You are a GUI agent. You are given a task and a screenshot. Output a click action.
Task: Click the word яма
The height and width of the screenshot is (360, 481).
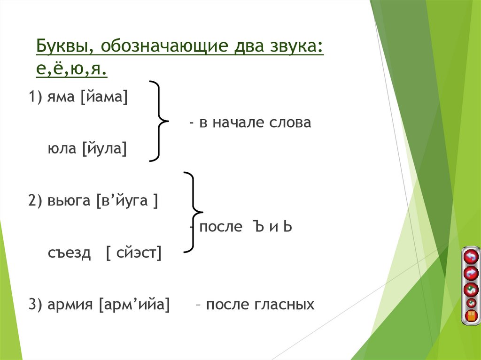62,98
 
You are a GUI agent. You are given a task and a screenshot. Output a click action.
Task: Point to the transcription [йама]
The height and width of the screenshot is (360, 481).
104,98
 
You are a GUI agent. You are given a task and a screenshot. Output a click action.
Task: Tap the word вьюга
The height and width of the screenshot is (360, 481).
69,201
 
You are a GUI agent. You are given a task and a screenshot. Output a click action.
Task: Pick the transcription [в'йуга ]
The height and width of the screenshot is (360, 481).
126,201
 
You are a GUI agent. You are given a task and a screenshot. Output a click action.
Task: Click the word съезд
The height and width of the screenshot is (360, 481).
69,253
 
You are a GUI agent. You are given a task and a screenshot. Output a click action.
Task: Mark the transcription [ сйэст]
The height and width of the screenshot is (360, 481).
133,253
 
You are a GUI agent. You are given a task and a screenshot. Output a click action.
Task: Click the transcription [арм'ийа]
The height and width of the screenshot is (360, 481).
134,305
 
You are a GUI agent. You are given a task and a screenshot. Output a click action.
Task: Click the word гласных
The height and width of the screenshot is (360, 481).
284,305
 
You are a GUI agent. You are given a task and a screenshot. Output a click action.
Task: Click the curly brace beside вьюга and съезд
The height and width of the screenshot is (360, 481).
192,212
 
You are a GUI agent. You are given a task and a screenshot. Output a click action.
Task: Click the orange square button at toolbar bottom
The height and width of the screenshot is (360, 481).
470,315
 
